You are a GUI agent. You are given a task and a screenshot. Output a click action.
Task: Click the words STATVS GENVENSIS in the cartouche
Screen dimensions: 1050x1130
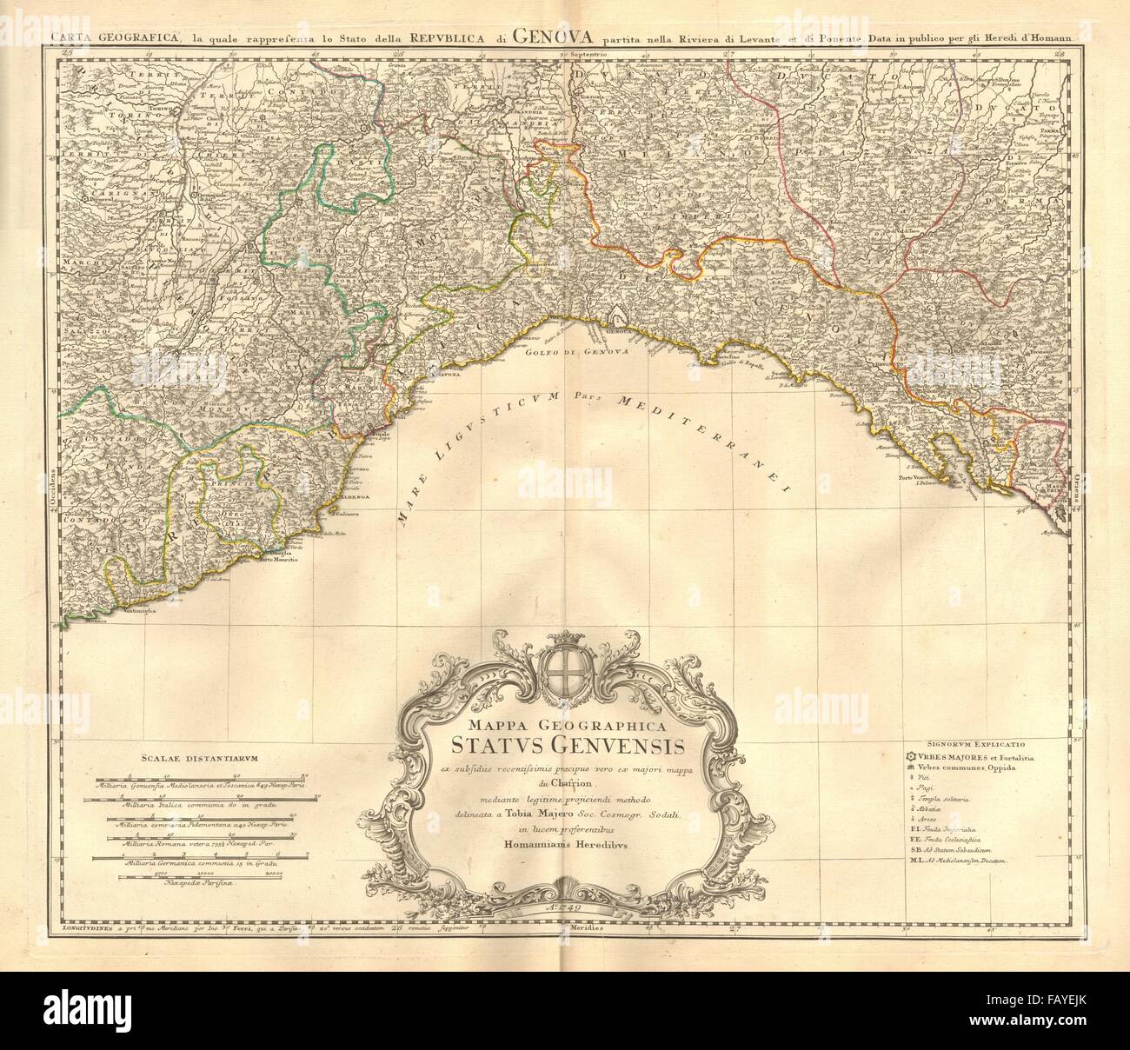pyautogui.click(x=568, y=746)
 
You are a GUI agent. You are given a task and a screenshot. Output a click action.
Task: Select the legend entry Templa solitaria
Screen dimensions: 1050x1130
pyautogui.click(x=949, y=798)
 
